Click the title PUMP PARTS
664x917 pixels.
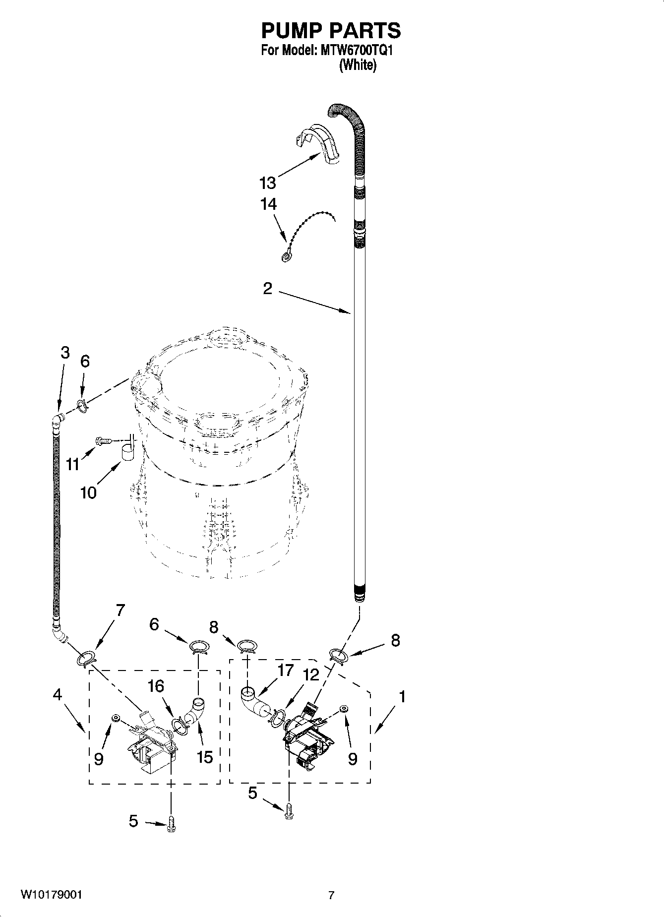tap(331, 31)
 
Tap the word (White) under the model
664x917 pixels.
tap(358, 65)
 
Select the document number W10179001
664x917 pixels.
tap(52, 895)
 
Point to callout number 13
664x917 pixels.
tap(268, 183)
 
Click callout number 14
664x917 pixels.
tap(268, 204)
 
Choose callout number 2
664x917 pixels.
tap(268, 289)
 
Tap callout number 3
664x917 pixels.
tap(65, 353)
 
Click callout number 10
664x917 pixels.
tap(89, 492)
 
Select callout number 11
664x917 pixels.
tap(73, 465)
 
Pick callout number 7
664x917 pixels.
tap(120, 611)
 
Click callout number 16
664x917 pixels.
tap(156, 686)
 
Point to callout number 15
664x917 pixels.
tap(205, 757)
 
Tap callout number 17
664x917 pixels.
tap(286, 671)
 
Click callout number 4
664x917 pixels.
tap(58, 695)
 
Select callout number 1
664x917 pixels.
tap(402, 697)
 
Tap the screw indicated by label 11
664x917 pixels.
tap(103, 440)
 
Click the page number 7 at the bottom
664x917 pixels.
tap(331, 895)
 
